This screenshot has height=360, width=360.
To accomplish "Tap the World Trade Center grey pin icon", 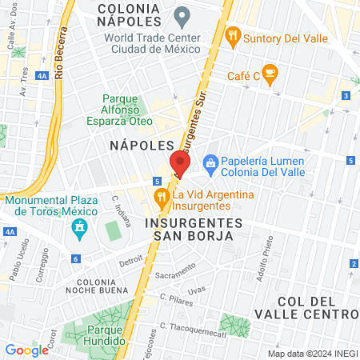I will [x=182, y=14].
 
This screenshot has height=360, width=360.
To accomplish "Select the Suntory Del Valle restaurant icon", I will [x=233, y=34].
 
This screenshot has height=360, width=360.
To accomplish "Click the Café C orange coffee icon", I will [x=270, y=74].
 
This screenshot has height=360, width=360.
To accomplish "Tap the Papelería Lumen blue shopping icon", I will [x=210, y=163].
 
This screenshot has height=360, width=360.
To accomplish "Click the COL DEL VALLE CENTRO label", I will [x=310, y=308].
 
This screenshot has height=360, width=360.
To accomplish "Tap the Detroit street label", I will [x=130, y=261].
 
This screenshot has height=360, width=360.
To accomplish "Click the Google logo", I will [x=26, y=350].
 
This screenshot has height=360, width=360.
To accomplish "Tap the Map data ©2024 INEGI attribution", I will [x=311, y=354].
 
